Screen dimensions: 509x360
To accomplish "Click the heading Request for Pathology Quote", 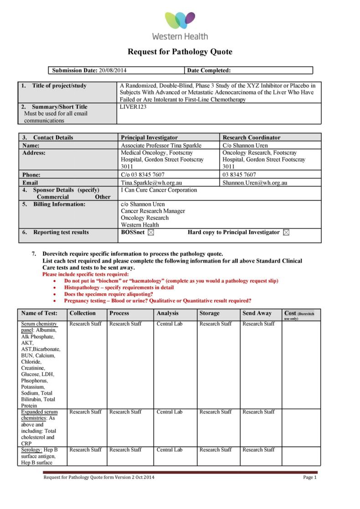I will click(x=180, y=52).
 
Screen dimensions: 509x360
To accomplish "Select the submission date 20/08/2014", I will click(x=113, y=71).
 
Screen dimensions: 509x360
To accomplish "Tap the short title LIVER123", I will click(x=133, y=107).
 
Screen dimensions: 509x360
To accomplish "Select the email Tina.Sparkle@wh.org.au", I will click(x=151, y=183).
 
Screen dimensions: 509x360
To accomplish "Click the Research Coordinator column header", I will click(x=251, y=137).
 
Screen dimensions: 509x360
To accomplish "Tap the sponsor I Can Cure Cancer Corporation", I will click(x=159, y=190).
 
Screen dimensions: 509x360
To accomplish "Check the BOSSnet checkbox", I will click(x=151, y=233).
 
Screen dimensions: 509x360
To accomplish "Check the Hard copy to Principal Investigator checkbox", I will click(x=286, y=233).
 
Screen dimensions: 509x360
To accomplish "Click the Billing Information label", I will click(x=59, y=204).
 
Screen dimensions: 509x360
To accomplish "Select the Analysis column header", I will click(x=167, y=313).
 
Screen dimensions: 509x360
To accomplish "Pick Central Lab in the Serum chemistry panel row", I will click(x=169, y=324).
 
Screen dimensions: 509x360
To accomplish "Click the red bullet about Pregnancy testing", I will click(x=157, y=300).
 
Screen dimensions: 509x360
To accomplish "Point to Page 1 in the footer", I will click(x=309, y=477).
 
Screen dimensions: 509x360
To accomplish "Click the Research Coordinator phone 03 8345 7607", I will click(x=239, y=174).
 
